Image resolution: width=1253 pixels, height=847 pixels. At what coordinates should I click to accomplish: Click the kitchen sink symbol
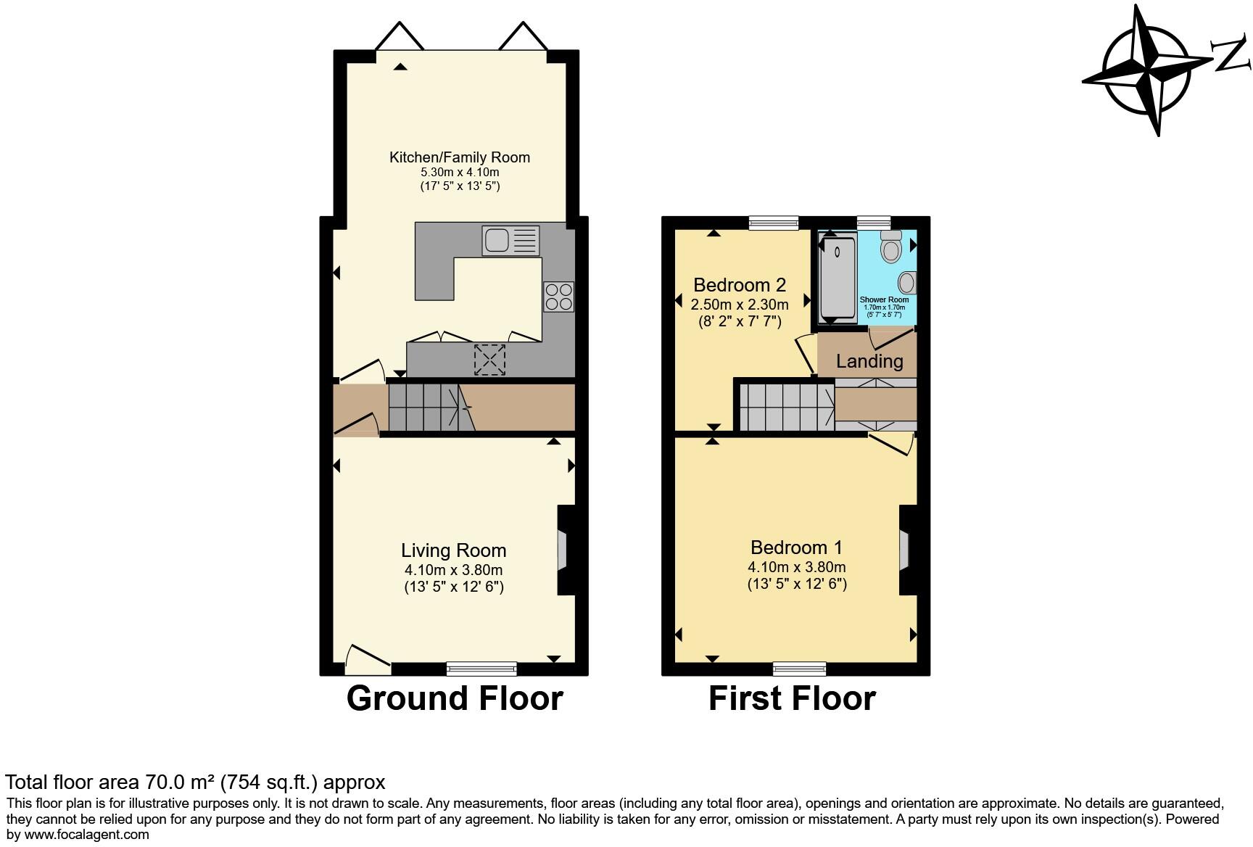(x=510, y=241)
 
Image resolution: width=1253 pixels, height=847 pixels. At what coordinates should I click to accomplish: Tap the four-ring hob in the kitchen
(x=558, y=297)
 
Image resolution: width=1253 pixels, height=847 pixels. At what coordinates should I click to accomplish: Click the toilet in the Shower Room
(x=890, y=247)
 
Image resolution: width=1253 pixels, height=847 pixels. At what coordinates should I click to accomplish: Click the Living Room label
(x=454, y=550)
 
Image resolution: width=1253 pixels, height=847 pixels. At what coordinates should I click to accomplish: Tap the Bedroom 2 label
(x=740, y=284)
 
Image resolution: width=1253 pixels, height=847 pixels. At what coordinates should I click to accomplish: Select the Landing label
(x=869, y=361)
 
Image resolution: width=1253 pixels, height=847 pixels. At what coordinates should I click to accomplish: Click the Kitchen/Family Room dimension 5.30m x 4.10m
(x=460, y=173)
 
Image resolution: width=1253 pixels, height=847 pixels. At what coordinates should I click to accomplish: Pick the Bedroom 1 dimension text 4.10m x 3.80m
(x=797, y=567)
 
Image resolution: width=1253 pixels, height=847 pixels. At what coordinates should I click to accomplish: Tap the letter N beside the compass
(x=1231, y=56)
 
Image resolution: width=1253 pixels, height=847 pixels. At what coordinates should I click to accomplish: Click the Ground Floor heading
(x=455, y=698)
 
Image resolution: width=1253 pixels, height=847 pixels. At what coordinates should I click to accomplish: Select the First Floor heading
(x=792, y=698)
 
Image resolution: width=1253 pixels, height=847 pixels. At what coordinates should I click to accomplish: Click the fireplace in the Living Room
(x=563, y=550)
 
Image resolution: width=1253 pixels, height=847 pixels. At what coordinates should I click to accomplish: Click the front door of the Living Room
(x=368, y=658)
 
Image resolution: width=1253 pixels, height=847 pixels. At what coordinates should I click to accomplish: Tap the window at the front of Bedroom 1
(x=799, y=668)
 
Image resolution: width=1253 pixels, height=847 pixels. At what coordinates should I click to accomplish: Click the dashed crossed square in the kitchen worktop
(x=489, y=360)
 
